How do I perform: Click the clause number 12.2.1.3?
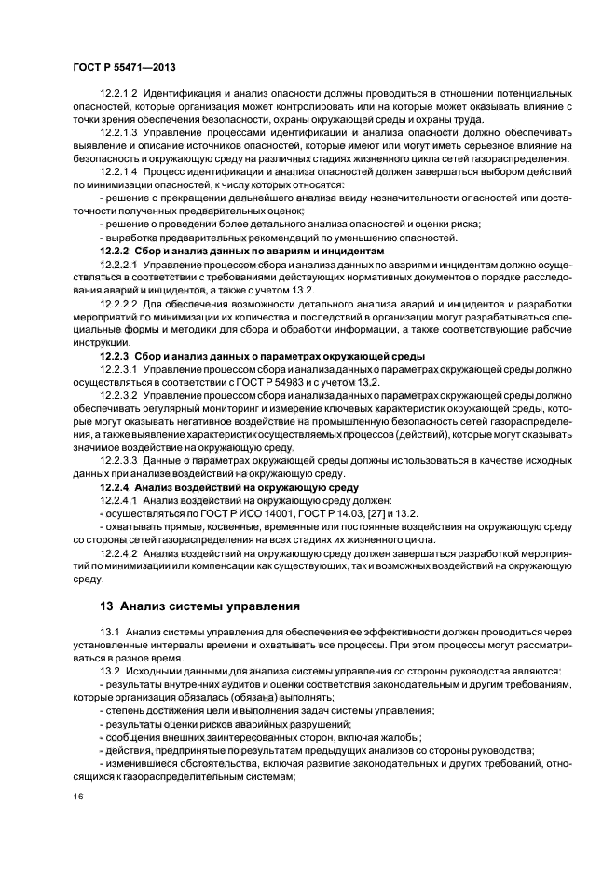tap(118, 131)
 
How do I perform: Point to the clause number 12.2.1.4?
tap(118, 173)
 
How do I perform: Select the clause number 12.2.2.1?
tap(118, 266)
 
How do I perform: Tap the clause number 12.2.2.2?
tap(118, 305)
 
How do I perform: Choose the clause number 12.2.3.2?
tap(118, 395)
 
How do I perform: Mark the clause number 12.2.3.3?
tap(118, 460)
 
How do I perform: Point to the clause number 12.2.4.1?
tap(118, 500)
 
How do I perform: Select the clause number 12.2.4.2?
tap(118, 552)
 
